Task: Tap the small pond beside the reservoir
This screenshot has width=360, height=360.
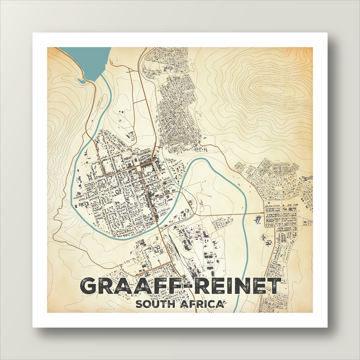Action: pyautogui.click(x=81, y=81)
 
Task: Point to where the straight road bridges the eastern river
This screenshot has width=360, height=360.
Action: pyautogui.click(x=246, y=213)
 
